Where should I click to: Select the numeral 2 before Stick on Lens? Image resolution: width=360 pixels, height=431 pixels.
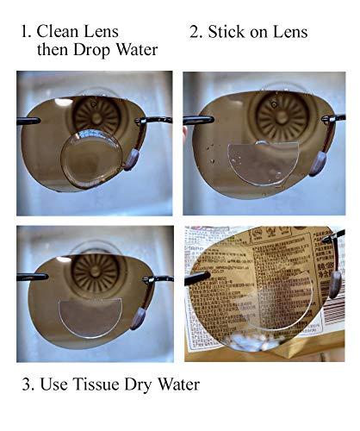(194, 32)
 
